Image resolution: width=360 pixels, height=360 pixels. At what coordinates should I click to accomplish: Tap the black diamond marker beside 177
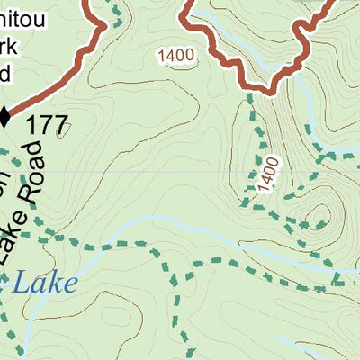point(4,115)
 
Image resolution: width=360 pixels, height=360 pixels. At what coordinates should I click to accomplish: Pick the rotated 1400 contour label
point(268,173)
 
